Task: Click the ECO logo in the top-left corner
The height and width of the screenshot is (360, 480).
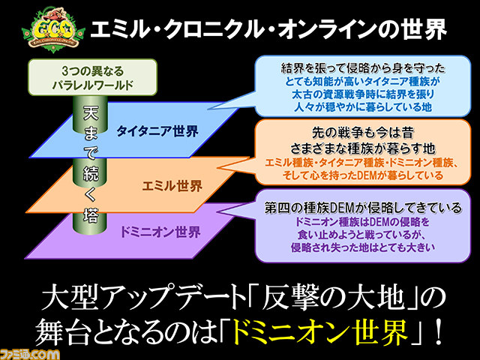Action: pos(53,30)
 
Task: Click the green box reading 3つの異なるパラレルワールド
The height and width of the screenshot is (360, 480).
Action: pos(93,77)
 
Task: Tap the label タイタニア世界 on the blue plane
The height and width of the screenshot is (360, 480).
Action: pos(157,131)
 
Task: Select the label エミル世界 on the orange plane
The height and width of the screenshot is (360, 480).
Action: pos(172,185)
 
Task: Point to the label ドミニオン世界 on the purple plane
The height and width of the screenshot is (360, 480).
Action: pos(160,232)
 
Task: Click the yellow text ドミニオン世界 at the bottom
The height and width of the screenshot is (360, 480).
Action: pos(320,333)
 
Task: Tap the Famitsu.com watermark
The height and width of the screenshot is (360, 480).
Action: pos(30,354)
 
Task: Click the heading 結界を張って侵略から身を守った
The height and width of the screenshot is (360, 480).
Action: pos(363,68)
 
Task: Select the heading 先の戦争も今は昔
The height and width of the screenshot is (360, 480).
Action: pos(363,133)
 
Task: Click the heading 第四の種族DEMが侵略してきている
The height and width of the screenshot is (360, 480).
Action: pos(363,208)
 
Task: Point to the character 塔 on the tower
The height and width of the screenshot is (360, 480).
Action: pos(91,216)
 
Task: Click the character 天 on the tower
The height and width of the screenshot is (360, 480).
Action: pos(91,113)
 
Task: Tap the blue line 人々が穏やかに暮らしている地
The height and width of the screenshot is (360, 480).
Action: pos(363,106)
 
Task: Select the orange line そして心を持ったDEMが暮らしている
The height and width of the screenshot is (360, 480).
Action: pos(363,175)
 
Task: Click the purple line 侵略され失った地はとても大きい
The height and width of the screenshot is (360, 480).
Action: pos(363,247)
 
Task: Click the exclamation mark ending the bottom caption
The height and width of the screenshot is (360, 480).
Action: pos(438,332)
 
